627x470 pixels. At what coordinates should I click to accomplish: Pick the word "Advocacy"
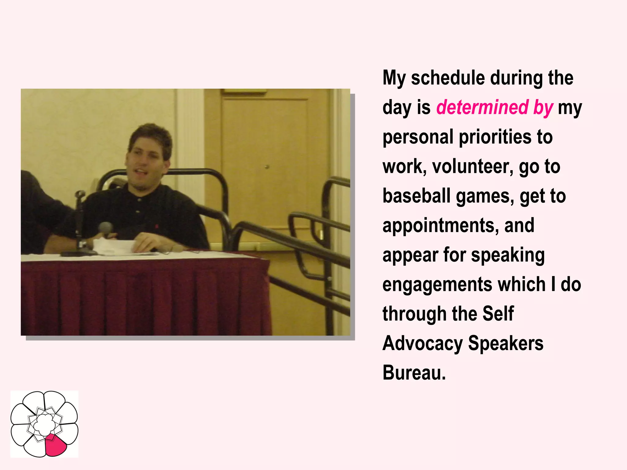click(x=422, y=344)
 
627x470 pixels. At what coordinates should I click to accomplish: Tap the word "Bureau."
click(x=414, y=373)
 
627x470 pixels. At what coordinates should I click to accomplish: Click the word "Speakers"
click(x=506, y=343)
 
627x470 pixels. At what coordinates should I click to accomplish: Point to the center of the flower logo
click(x=44, y=424)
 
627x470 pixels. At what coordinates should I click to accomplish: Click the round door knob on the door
click(x=267, y=167)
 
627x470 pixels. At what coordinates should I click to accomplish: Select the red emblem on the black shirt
click(x=157, y=226)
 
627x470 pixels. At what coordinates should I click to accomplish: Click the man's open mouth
click(x=141, y=171)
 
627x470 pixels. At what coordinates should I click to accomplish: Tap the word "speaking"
click(x=508, y=256)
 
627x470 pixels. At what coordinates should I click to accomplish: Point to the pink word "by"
click(x=543, y=107)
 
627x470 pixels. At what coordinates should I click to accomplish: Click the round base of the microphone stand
click(x=78, y=253)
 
